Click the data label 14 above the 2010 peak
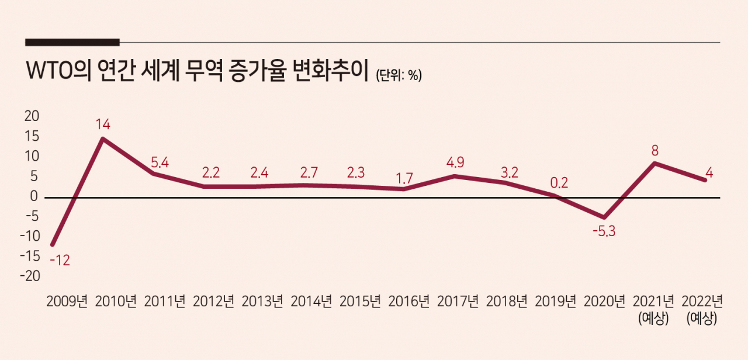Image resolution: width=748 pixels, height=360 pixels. (102, 124)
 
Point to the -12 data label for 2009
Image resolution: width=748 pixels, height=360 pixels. (60, 260)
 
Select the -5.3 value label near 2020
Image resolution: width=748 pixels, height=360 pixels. (604, 231)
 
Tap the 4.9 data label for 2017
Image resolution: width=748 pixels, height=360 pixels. (455, 162)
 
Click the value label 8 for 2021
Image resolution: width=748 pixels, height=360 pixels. (655, 151)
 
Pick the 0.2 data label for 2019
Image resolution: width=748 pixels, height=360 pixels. (559, 183)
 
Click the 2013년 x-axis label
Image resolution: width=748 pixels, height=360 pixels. (262, 302)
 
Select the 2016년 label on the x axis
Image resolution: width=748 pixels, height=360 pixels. (408, 302)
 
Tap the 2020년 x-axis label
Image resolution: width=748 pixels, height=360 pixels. (604, 302)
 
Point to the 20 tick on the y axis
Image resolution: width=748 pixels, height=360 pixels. (32, 116)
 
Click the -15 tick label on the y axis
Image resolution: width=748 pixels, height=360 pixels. (30, 256)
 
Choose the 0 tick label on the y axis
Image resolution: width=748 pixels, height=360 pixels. (34, 196)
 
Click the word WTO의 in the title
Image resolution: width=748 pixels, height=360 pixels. (59, 71)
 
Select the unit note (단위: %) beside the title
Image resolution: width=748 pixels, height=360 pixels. (399, 75)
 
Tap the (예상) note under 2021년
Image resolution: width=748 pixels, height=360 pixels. (653, 319)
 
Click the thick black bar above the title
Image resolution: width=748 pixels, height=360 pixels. (72, 43)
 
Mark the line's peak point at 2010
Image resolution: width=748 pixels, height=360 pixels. (103, 139)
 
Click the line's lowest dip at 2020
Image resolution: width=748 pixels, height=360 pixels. (604, 217)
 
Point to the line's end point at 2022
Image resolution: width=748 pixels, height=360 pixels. (705, 180)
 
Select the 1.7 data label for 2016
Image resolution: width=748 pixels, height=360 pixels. (404, 179)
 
